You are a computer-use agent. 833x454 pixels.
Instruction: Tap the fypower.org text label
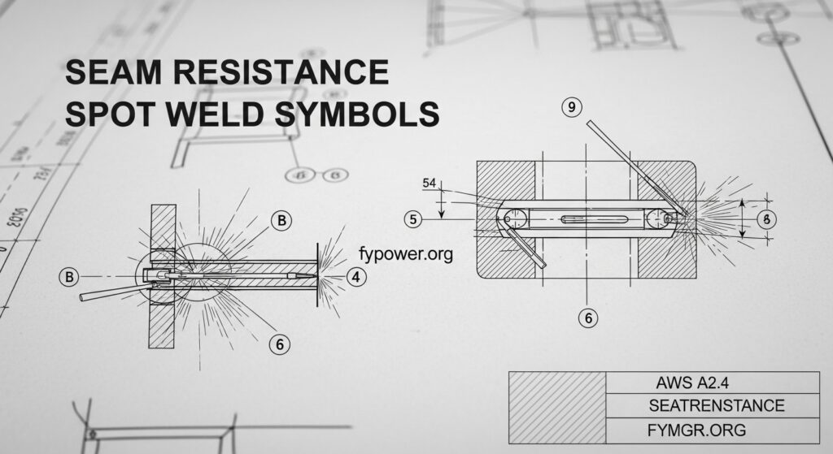pyautogui.click(x=405, y=253)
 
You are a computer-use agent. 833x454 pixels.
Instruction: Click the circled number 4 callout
pyautogui.click(x=355, y=276)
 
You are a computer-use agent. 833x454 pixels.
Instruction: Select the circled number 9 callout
pyautogui.click(x=573, y=107)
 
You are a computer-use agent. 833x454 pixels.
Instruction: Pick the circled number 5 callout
pyautogui.click(x=414, y=218)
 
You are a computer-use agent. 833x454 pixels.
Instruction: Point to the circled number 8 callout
pyautogui.click(x=765, y=219)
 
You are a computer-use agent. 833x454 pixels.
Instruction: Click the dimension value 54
pyautogui.click(x=429, y=184)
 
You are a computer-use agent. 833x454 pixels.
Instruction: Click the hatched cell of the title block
pyautogui.click(x=557, y=407)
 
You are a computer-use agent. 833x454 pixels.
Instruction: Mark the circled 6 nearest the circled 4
pyautogui.click(x=280, y=344)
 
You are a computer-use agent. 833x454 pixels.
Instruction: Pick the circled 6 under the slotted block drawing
pyautogui.click(x=588, y=318)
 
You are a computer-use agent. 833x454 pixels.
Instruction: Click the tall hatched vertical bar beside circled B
pyautogui.click(x=163, y=276)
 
